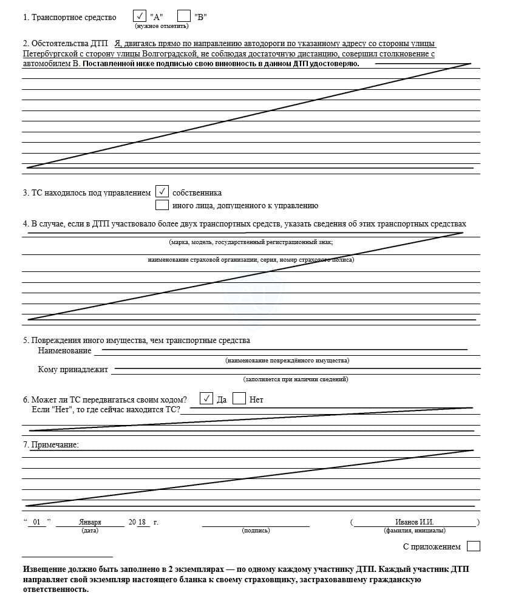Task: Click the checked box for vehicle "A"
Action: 139,16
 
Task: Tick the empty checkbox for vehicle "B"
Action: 184,16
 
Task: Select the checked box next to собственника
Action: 162,192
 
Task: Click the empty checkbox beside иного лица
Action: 162,205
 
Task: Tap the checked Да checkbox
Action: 206,399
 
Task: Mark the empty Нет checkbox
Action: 239,399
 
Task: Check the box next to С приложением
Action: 474,546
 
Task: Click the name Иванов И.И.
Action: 415,522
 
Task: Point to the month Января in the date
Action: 90,522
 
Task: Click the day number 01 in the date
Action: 36,522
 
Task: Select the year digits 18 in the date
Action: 143,522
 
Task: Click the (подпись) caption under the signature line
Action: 256,531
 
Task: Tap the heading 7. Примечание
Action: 51,445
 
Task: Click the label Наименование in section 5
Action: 64,350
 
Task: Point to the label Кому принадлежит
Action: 73,369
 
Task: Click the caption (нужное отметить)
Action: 162,26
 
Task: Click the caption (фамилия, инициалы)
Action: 415,531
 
